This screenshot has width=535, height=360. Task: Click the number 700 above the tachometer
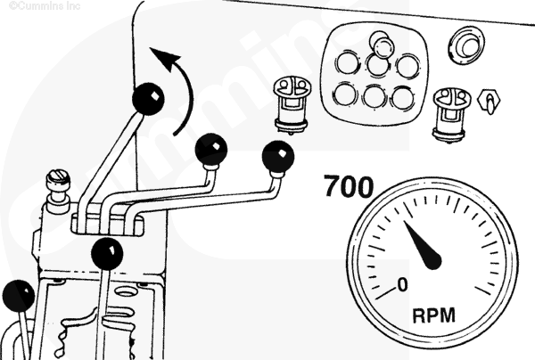point(349,186)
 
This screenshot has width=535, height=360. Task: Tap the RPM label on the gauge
point(434,315)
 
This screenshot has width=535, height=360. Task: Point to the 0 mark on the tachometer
point(403,284)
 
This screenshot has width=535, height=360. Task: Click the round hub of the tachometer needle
point(432,260)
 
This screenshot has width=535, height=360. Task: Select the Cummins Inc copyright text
point(45,5)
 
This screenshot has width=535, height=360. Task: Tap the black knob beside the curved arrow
point(148,99)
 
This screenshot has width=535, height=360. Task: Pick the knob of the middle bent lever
point(211,150)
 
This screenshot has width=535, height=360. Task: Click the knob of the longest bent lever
point(277,157)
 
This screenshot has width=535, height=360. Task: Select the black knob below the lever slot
point(107,254)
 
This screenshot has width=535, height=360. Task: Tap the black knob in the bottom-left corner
point(19,296)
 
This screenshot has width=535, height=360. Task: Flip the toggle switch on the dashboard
point(490,102)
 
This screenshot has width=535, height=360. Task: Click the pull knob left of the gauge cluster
point(292,104)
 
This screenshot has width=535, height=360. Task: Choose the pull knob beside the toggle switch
point(451,115)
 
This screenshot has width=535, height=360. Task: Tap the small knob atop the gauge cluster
point(383,45)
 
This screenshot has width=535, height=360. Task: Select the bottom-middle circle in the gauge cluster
point(374,96)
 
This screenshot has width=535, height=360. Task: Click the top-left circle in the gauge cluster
point(347,62)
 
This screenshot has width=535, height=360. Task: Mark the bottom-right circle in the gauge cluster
point(403,98)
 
